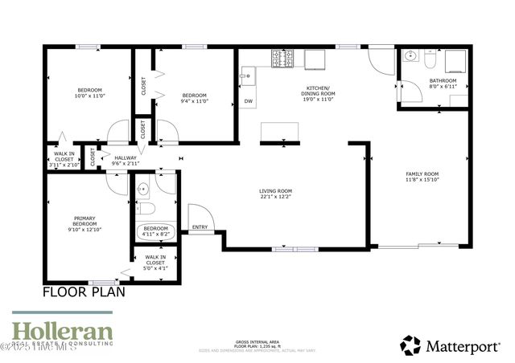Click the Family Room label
[x=421, y=177]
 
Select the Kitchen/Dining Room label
[x=318, y=94]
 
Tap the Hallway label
[x=126, y=160]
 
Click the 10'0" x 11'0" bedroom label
[x=89, y=92]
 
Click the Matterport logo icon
[x=410, y=345]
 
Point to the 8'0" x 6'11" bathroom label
[x=443, y=84]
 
